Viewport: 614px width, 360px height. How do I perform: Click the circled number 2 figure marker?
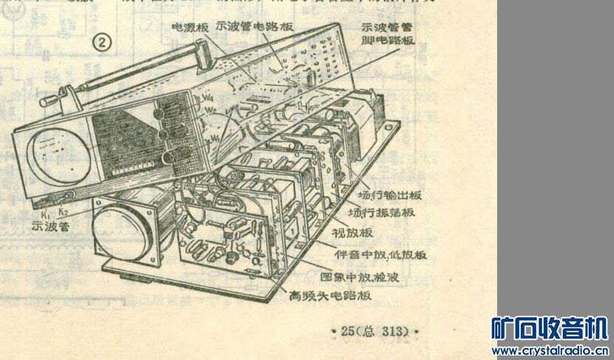point(101,44)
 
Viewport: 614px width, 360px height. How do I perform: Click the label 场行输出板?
point(389,196)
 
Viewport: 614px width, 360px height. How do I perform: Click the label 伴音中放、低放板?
point(381,254)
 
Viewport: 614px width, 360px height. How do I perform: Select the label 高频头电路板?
point(330,296)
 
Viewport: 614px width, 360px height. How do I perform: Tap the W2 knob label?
point(210,112)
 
